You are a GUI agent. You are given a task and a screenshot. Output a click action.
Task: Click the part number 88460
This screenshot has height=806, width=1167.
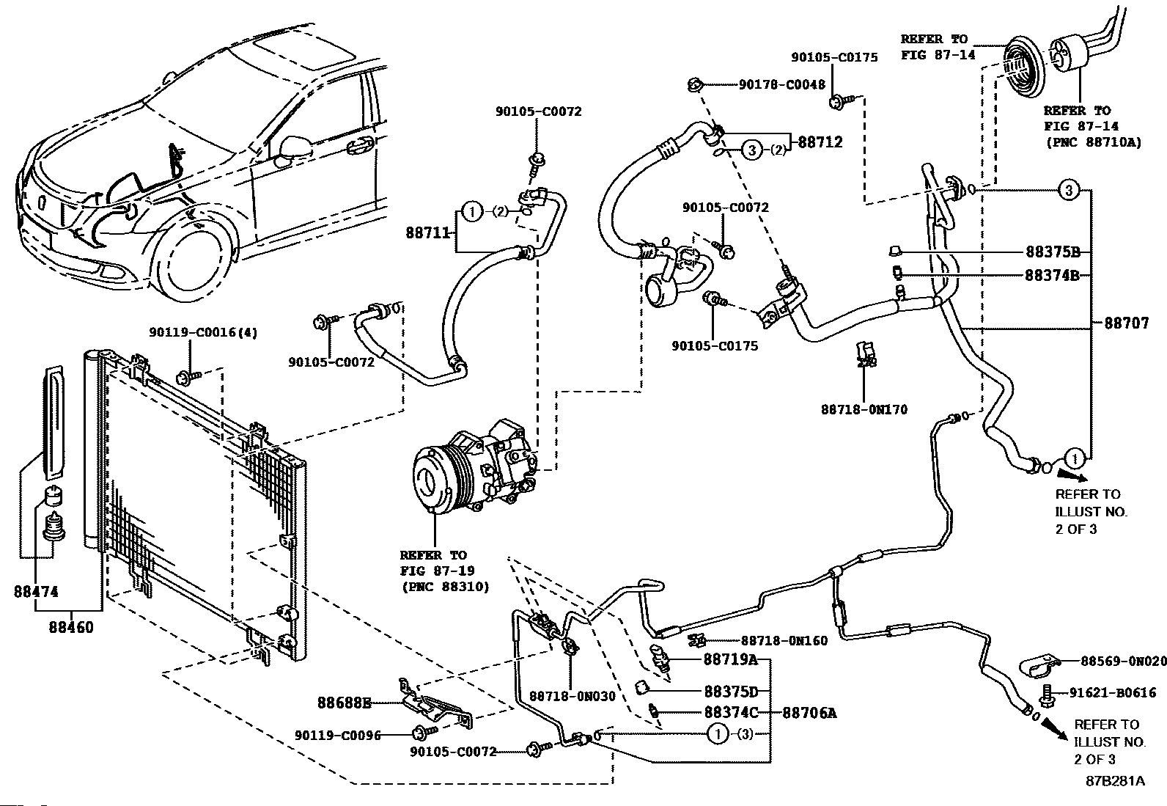tap(72, 628)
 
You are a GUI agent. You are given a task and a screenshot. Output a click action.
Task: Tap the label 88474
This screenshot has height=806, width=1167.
tap(36, 592)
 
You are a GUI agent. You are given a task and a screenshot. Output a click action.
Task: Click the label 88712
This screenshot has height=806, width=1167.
tap(820, 142)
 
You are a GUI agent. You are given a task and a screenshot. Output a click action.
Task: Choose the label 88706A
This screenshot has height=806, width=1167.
tap(810, 712)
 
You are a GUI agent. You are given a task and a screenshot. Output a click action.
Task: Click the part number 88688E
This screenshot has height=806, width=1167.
tap(344, 703)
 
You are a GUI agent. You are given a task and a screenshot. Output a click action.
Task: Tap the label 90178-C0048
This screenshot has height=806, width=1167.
tap(781, 85)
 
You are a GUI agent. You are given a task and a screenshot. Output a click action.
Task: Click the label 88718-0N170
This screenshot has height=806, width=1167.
tap(864, 409)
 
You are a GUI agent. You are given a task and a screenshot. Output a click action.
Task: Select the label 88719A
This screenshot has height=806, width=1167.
tap(730, 659)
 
